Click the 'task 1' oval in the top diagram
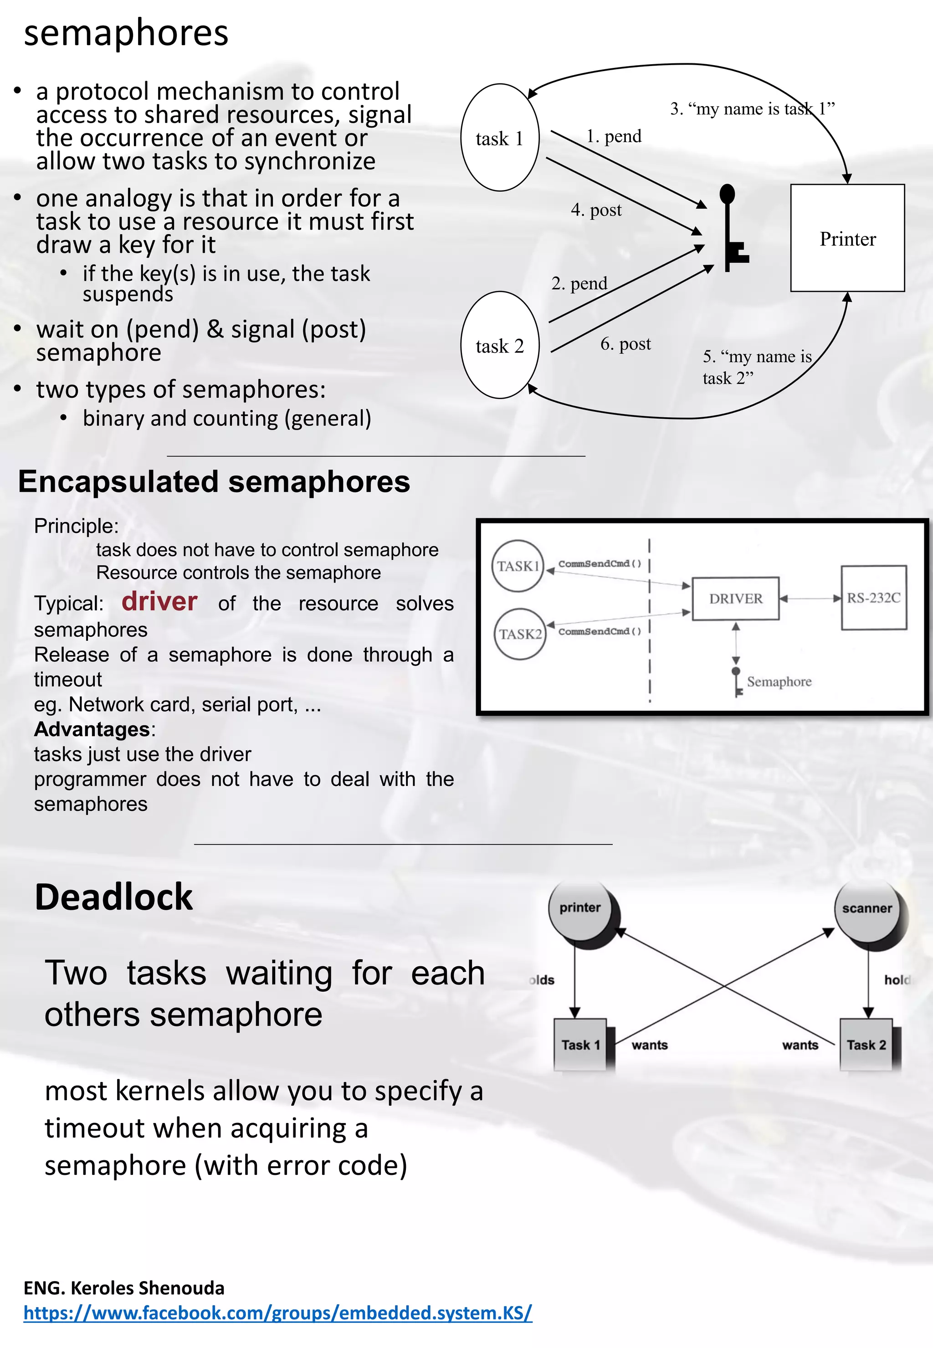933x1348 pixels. point(499,138)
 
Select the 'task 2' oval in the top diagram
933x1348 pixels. point(499,345)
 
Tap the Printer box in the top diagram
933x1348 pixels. point(847,238)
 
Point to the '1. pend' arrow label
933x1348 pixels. point(614,136)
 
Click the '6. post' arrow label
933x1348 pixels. point(625,344)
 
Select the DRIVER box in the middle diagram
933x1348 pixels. point(735,598)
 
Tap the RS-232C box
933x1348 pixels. point(873,597)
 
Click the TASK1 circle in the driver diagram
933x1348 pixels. point(518,566)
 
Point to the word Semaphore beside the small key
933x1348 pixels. point(779,682)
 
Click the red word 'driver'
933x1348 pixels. point(159,601)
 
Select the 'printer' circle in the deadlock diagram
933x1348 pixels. point(580,908)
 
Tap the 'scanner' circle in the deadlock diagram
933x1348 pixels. point(866,908)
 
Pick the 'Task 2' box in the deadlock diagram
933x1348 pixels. point(866,1045)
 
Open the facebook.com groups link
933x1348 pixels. point(278,1312)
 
